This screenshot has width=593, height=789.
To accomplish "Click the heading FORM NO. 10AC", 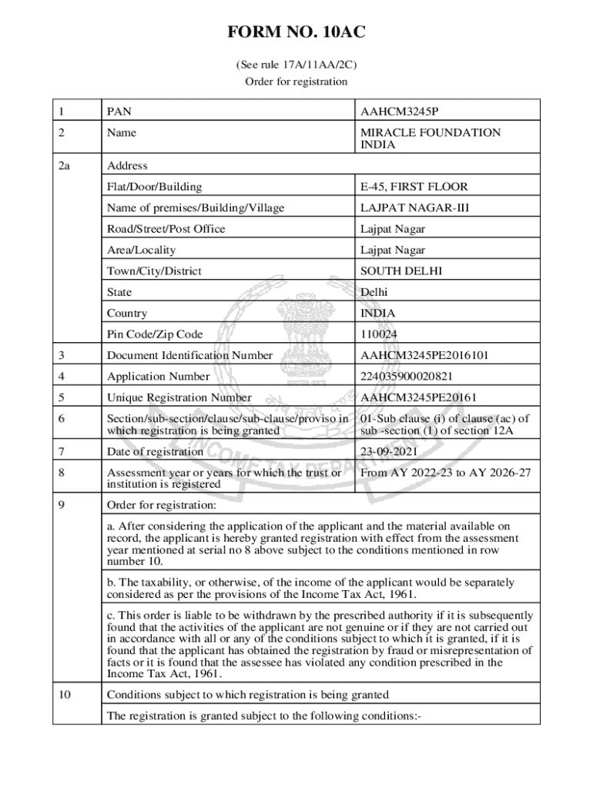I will pyautogui.click(x=296, y=32).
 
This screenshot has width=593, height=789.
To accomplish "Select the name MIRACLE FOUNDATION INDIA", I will pyautogui.click(x=430, y=139).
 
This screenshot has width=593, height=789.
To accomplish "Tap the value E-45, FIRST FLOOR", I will pyautogui.click(x=414, y=186).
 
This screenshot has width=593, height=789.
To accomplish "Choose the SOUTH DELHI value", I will pyautogui.click(x=401, y=271).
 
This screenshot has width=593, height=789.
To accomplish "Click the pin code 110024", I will pyautogui.click(x=379, y=334).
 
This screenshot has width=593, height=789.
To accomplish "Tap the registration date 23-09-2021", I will pyautogui.click(x=389, y=452).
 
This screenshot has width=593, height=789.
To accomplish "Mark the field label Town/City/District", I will pyautogui.click(x=154, y=271).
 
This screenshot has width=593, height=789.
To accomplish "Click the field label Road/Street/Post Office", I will pyautogui.click(x=166, y=229).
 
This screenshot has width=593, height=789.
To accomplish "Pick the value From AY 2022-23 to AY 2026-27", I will pyautogui.click(x=445, y=472).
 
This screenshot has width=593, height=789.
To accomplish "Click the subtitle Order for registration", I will pyautogui.click(x=296, y=82).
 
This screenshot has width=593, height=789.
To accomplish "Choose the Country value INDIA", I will pyautogui.click(x=378, y=314).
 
